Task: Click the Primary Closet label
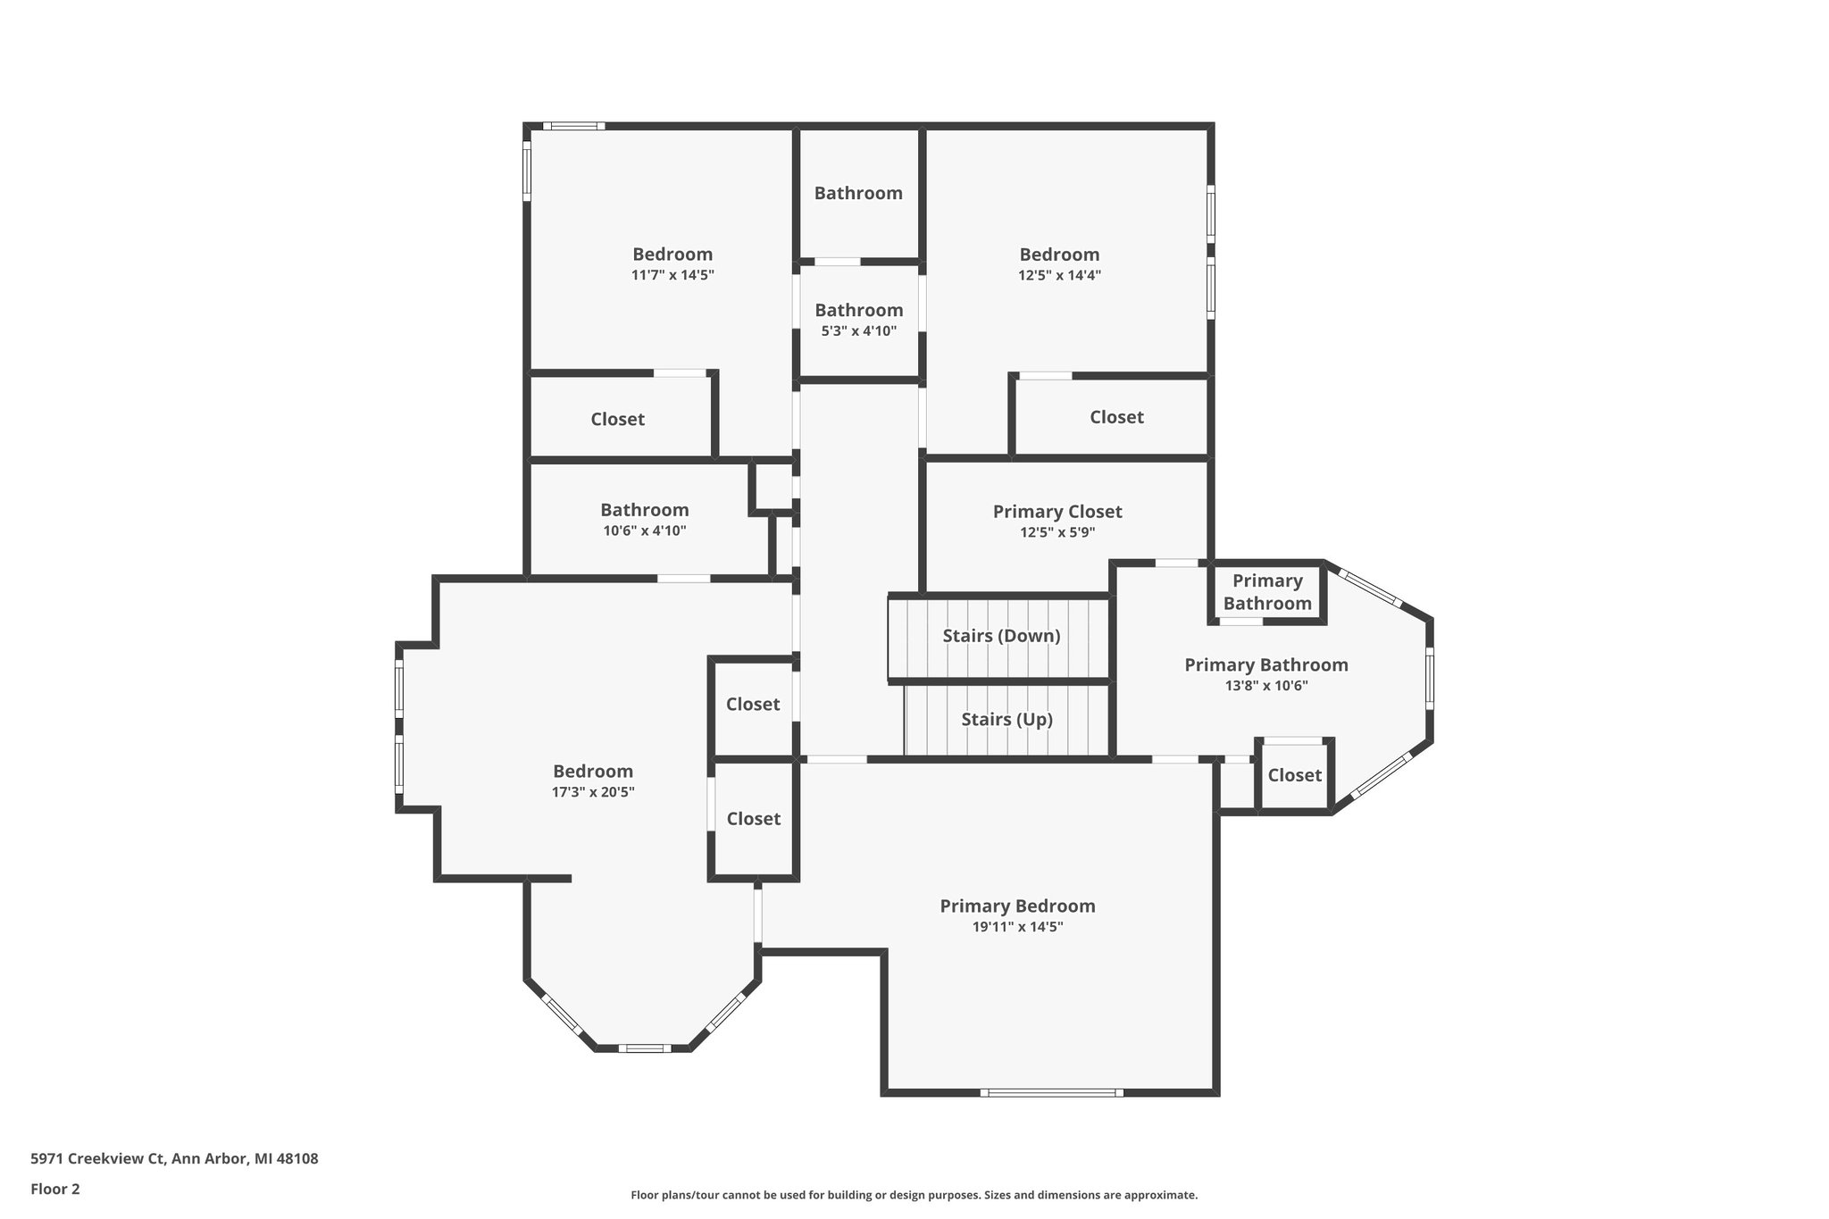coord(1056,512)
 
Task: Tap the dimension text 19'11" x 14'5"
coord(1017,927)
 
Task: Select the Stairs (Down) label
coord(1001,636)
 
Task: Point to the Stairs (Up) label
coord(1006,720)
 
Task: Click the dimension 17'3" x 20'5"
coord(593,792)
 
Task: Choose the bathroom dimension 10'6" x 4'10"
coord(644,530)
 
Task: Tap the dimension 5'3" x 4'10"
coord(858,331)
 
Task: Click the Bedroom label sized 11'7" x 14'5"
coord(672,255)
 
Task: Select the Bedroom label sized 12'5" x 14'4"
coord(1059,255)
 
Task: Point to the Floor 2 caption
coord(55,1189)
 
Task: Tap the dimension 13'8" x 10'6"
coord(1266,686)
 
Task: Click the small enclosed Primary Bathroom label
coord(1266,592)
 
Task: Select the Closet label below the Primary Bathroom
coord(1294,775)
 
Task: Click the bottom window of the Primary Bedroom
coord(1050,1092)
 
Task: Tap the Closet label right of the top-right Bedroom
coord(1116,417)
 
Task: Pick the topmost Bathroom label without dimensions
coord(858,193)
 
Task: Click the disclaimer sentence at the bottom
coord(914,1195)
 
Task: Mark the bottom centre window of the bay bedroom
coord(644,1048)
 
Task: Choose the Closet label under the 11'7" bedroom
coord(617,419)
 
